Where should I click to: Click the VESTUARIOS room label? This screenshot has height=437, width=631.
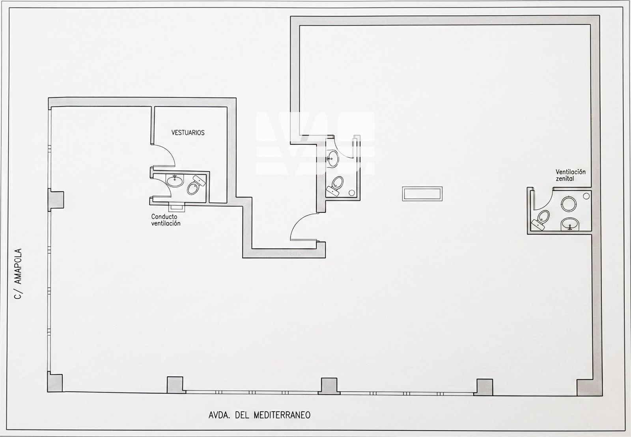pyautogui.click(x=188, y=133)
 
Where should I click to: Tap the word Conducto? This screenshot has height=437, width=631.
pyautogui.click(x=164, y=217)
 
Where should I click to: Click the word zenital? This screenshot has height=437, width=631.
pyautogui.click(x=565, y=179)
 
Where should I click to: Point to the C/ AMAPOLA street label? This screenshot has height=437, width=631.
pyautogui.click(x=18, y=274)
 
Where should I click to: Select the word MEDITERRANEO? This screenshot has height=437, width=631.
pyautogui.click(x=282, y=415)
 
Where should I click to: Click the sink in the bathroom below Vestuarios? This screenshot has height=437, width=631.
pyautogui.click(x=175, y=180)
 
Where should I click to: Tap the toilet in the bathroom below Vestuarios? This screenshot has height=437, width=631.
pyautogui.click(x=196, y=185)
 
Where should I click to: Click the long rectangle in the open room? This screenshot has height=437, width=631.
pyautogui.click(x=422, y=194)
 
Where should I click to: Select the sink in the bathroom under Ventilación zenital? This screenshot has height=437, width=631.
pyautogui.click(x=570, y=224)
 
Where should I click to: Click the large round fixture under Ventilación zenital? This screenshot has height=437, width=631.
pyautogui.click(x=568, y=204)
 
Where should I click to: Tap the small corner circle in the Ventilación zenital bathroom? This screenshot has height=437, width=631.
pyautogui.click(x=586, y=196)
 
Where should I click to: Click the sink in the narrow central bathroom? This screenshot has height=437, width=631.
pyautogui.click(x=332, y=159)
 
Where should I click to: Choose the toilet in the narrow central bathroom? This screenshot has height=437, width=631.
pyautogui.click(x=335, y=186)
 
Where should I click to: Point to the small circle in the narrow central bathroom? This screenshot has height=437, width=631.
pyautogui.click(x=352, y=193)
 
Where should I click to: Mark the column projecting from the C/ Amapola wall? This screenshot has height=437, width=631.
pyautogui.click(x=56, y=200)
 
